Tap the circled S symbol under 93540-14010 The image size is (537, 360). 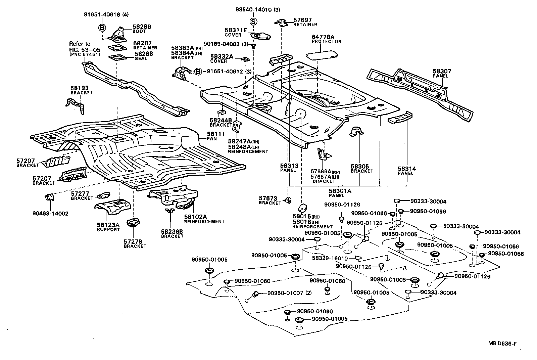(254, 21)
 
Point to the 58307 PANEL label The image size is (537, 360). (442, 73)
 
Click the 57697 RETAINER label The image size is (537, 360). (305, 22)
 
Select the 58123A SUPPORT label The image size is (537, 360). (108, 227)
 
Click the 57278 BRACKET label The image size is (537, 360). (135, 243)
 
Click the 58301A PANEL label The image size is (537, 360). (340, 193)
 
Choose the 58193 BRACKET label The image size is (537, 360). (81, 90)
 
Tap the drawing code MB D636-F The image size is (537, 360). (502, 343)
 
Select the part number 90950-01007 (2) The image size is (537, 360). (289, 293)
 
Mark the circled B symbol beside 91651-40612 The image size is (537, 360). (199, 72)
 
